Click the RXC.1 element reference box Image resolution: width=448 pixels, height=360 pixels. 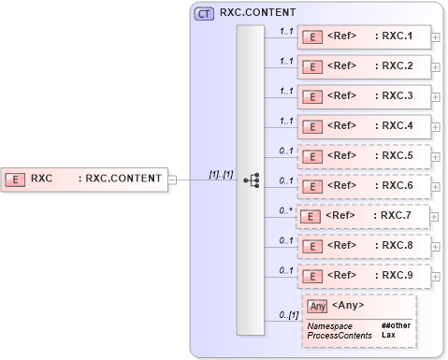pyautogui.click(x=364, y=37)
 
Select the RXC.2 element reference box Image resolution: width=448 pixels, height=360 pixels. pyautogui.click(x=364, y=66)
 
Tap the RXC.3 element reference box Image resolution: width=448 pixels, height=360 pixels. pyautogui.click(x=364, y=95)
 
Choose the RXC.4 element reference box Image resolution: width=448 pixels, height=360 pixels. pyautogui.click(x=364, y=125)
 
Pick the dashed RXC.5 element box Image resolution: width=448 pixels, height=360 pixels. pyautogui.click(x=364, y=155)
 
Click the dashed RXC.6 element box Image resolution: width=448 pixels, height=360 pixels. pyautogui.click(x=364, y=186)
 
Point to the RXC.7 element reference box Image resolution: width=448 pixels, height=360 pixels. pyautogui.click(x=364, y=216)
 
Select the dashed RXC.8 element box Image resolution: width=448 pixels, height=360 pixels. pyautogui.click(x=364, y=246)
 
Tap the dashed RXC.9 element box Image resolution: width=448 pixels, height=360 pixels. pyautogui.click(x=364, y=276)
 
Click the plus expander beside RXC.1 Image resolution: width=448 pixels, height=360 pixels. pyautogui.click(x=437, y=37)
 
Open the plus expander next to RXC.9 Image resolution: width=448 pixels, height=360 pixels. pyautogui.click(x=437, y=276)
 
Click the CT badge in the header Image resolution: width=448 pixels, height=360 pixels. pyautogui.click(x=203, y=14)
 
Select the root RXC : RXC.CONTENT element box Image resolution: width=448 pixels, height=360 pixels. pyautogui.click(x=83, y=178)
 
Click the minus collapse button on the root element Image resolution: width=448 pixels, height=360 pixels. pyautogui.click(x=171, y=178)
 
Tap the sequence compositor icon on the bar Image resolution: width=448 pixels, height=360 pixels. pyautogui.click(x=251, y=180)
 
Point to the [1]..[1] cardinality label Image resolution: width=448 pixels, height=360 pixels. pyautogui.click(x=221, y=173)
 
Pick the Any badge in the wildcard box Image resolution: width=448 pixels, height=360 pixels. pyautogui.click(x=317, y=305)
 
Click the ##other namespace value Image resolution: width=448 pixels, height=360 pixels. pyautogui.click(x=396, y=325)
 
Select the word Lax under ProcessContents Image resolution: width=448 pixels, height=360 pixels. pyautogui.click(x=388, y=334)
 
